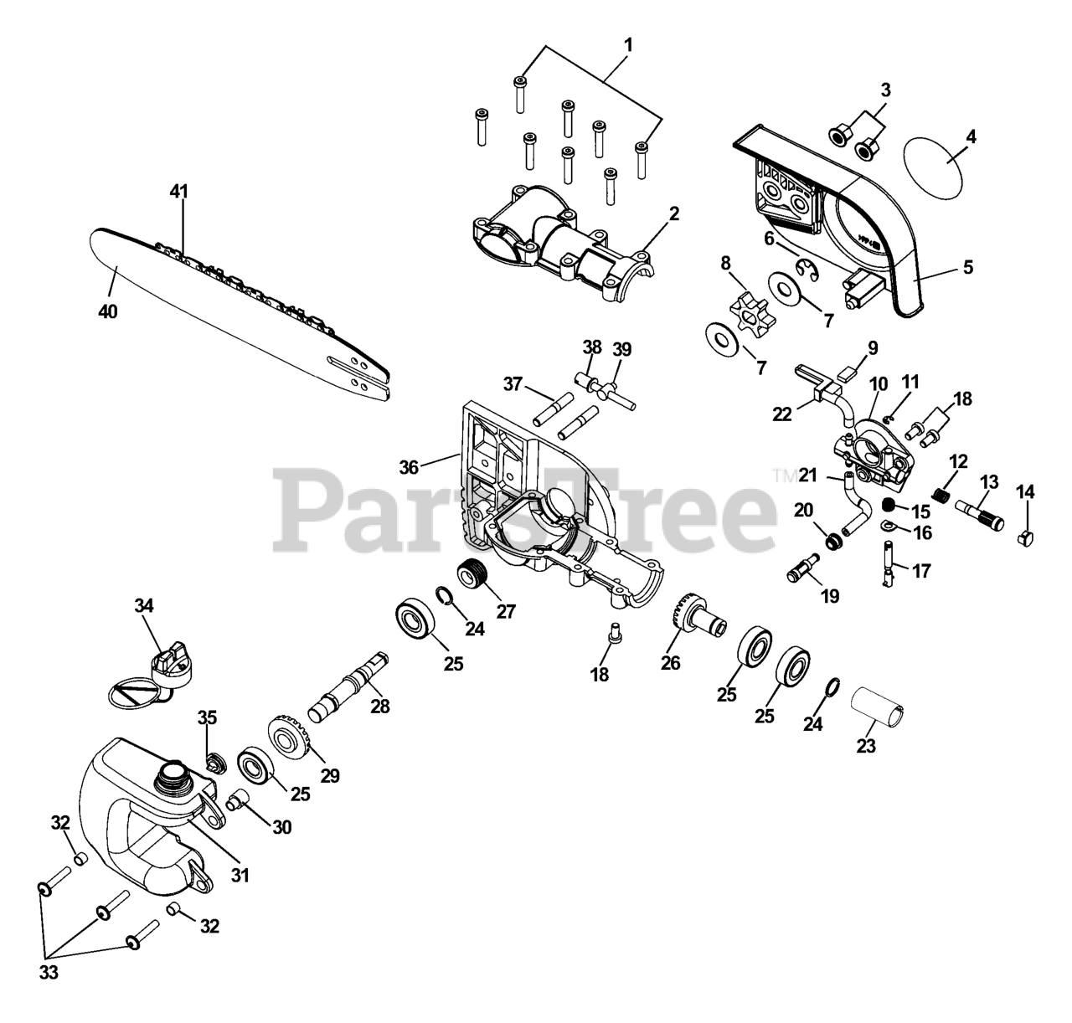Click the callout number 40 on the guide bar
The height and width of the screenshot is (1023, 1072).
107,311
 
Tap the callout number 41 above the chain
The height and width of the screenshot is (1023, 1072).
178,192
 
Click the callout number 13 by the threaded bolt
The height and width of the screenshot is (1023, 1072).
989,481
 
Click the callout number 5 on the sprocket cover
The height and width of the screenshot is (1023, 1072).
967,268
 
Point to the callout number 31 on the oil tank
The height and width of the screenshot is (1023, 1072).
240,876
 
